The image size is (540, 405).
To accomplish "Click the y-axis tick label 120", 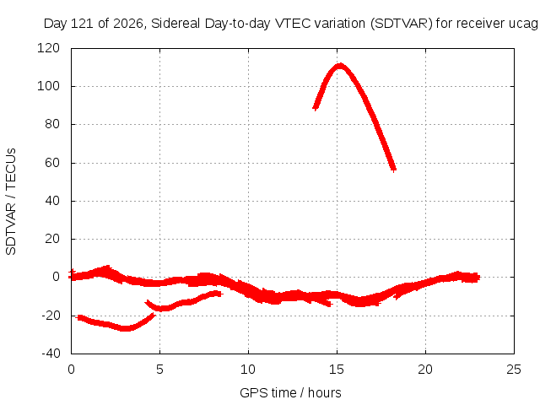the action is coord(48,48).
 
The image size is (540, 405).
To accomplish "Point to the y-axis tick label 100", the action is coord(48,86).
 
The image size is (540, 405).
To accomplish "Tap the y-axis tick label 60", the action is coord(52,163).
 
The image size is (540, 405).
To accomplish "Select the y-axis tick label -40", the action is coord(51,354).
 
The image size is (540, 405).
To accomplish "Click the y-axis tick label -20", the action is coord(51,315).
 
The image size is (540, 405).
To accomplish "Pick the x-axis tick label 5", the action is coord(159,370).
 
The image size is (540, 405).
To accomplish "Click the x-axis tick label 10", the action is coord(248,370).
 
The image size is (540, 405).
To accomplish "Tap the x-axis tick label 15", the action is coord(337,370).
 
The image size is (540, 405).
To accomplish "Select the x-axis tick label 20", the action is coord(425,370).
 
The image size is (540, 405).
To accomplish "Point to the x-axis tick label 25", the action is coord(514,370).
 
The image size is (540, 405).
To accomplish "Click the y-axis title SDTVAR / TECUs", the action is coord(11,202).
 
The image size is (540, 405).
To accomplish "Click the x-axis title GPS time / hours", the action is coord(290,393).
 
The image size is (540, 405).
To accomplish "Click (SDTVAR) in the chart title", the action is coord(402,24).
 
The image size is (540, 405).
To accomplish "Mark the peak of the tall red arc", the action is coord(340,66).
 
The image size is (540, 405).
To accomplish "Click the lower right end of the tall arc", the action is coord(394,169).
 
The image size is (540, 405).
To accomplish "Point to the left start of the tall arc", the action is coord(315,108).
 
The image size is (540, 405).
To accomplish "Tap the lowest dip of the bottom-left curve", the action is coord(126,328).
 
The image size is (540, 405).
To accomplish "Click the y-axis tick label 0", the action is coord(57,277).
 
